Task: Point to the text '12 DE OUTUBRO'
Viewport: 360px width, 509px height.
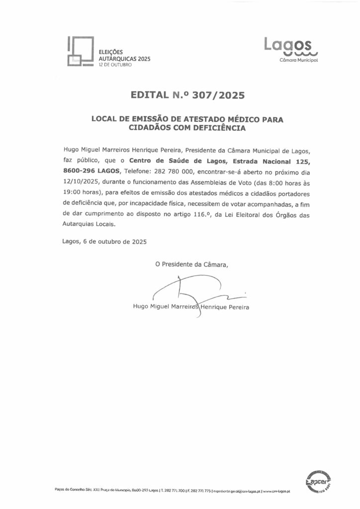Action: [x=115, y=65]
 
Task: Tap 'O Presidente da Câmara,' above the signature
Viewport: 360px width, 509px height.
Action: [x=192, y=264]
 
